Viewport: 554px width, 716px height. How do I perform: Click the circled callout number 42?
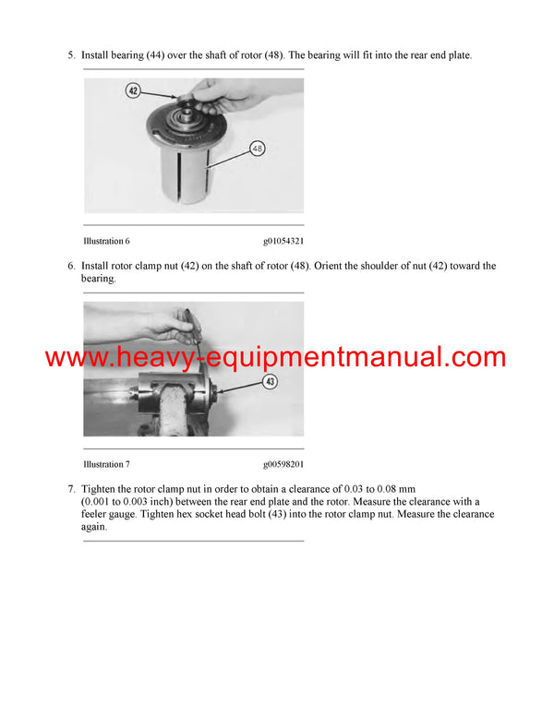[133, 91]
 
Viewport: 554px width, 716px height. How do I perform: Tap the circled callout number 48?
[258, 148]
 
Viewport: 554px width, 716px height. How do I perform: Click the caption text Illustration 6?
[104, 241]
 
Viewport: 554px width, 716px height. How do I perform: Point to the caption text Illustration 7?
[104, 464]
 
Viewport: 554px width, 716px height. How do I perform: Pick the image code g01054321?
[283, 241]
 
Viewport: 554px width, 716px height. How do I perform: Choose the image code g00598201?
[283, 464]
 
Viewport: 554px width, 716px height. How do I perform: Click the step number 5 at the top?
[71, 55]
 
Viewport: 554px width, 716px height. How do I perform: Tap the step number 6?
[71, 266]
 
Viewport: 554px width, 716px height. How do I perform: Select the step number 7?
[71, 489]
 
